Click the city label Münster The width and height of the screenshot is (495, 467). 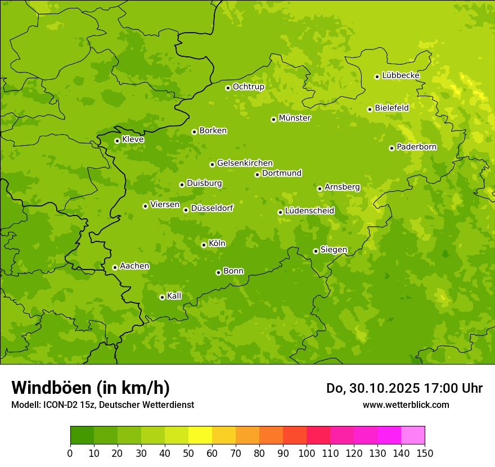pos(294,118)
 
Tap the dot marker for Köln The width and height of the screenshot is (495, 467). pos(204,245)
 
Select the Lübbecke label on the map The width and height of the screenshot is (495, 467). pos(400,75)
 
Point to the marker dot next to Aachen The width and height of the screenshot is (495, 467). pos(115,267)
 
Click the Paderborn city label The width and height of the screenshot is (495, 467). pos(416,147)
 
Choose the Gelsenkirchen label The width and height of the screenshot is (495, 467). pos(245,163)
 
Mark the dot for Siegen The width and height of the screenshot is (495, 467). pos(316,251)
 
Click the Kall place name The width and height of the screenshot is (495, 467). pos(174,296)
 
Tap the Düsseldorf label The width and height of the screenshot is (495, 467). pos(211,208)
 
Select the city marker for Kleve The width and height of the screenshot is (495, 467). pos(117,141)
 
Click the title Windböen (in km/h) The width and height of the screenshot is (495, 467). pos(91,388)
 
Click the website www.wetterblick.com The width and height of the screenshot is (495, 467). pos(406,405)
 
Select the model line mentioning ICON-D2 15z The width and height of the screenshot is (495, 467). pos(102,405)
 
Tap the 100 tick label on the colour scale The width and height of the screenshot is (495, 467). pos(307,453)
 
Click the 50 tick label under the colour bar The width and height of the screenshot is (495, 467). pos(188,453)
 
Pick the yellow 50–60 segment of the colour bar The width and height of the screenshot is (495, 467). pos(200,435)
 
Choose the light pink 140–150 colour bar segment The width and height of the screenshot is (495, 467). pos(413,435)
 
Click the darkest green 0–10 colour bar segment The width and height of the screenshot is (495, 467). pos(82,435)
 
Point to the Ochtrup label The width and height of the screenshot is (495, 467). pos(248,87)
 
